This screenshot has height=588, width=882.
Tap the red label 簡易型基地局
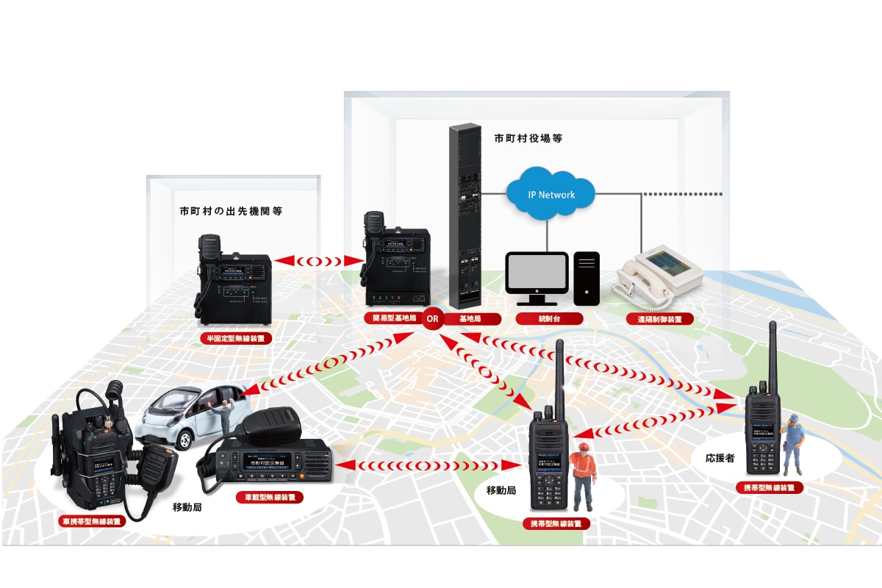tap(394, 319)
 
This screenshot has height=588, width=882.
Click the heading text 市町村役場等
tap(528, 138)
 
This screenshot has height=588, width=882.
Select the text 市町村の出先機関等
tap(232, 211)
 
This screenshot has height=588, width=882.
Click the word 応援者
tap(720, 457)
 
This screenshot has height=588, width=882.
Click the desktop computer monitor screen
tap(537, 273)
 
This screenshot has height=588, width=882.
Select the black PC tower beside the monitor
tap(587, 278)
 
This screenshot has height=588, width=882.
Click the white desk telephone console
tap(658, 279)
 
